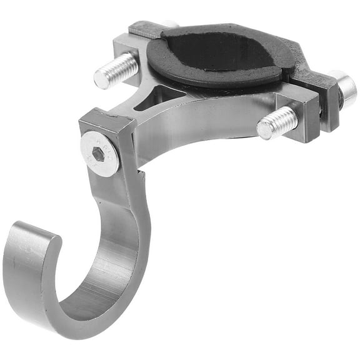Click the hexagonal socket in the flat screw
click(x=98, y=154)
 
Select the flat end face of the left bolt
click(x=102, y=79)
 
